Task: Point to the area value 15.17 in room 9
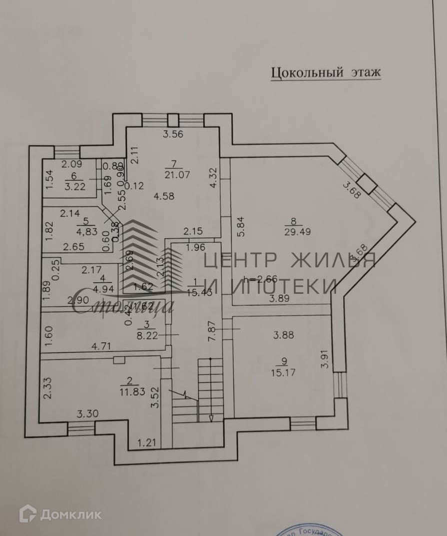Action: point(287,372)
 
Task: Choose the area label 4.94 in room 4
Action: point(102,287)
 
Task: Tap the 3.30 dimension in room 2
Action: point(86,414)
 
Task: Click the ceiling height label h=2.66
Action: point(260,279)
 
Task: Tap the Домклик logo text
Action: point(70,514)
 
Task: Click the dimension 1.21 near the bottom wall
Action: point(147,442)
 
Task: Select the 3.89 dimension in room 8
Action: point(279,299)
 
